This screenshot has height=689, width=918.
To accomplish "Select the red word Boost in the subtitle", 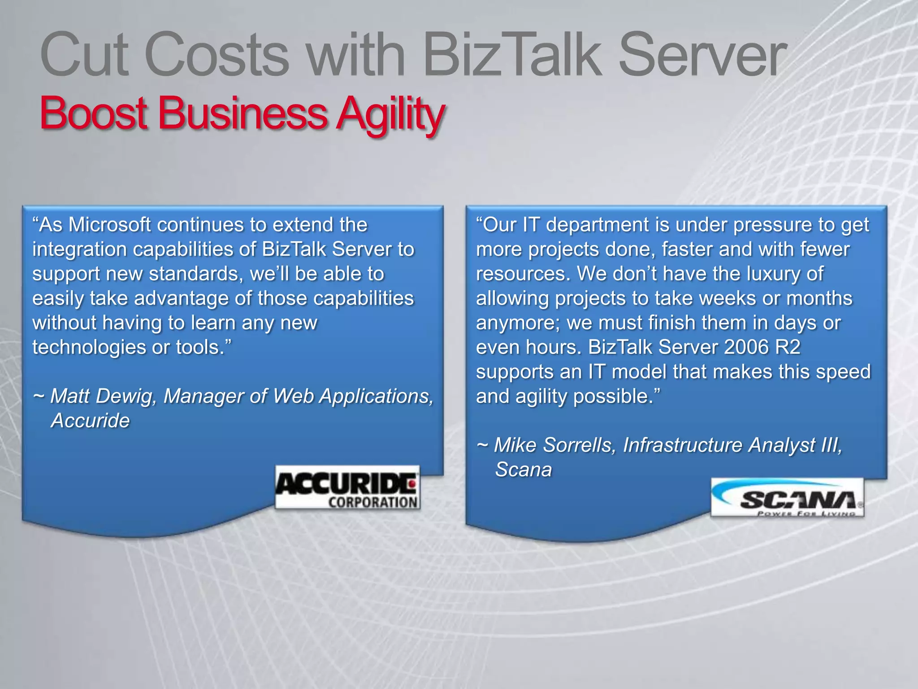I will click(94, 113).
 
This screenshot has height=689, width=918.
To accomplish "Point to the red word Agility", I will click(390, 114).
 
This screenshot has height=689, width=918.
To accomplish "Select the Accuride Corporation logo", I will click(347, 488).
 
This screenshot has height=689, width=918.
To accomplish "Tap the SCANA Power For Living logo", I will click(787, 498).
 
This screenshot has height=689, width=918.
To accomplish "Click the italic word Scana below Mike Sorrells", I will click(523, 470).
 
